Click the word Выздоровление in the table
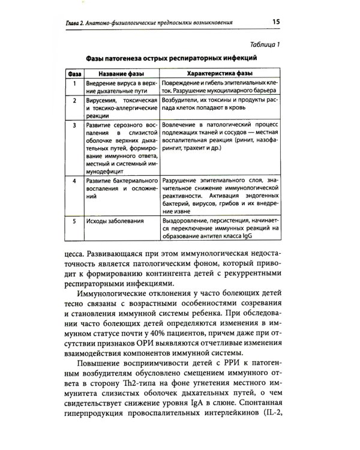point(187,221)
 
